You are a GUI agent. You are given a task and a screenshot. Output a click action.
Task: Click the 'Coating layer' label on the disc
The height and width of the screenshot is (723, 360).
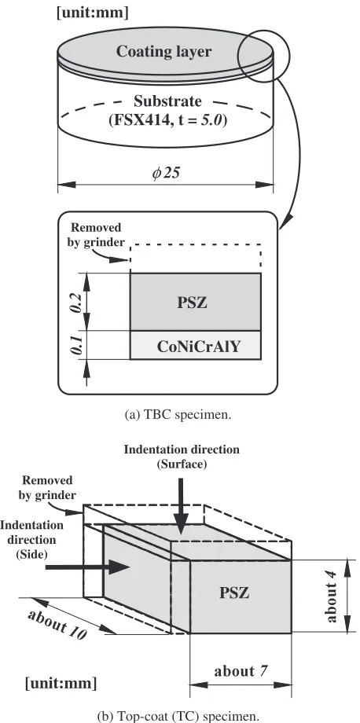(x=163, y=51)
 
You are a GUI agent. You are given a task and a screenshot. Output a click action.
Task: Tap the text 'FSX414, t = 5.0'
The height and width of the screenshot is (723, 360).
(x=167, y=121)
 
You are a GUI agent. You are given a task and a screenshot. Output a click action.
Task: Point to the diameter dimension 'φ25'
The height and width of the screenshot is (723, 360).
(x=166, y=173)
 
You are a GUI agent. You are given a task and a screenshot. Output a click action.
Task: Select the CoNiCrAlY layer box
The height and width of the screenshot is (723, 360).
(x=196, y=345)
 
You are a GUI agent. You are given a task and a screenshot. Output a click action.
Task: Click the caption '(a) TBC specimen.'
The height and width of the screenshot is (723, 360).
(x=178, y=414)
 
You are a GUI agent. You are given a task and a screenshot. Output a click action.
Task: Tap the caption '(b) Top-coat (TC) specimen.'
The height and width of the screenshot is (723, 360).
(x=178, y=715)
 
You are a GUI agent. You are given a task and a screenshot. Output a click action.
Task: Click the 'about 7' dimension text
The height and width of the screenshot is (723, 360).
(x=241, y=671)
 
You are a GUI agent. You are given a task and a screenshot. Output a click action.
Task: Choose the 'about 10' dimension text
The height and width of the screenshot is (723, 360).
(x=57, y=624)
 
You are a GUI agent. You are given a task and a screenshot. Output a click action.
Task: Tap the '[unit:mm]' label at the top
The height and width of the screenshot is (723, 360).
(x=92, y=13)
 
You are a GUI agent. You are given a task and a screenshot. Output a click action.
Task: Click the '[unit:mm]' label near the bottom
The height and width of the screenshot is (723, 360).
(x=61, y=683)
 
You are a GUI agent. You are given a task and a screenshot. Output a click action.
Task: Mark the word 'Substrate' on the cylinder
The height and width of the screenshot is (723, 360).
(x=167, y=101)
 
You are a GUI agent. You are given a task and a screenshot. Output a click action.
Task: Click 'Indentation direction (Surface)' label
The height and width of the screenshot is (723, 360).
(x=182, y=457)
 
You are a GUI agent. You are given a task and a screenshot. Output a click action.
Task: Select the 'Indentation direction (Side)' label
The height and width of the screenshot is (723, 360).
(x=31, y=539)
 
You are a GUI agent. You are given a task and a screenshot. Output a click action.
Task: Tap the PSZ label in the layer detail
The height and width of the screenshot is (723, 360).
(x=193, y=303)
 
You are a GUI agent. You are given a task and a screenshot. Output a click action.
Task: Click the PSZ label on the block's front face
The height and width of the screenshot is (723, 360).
(x=234, y=593)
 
